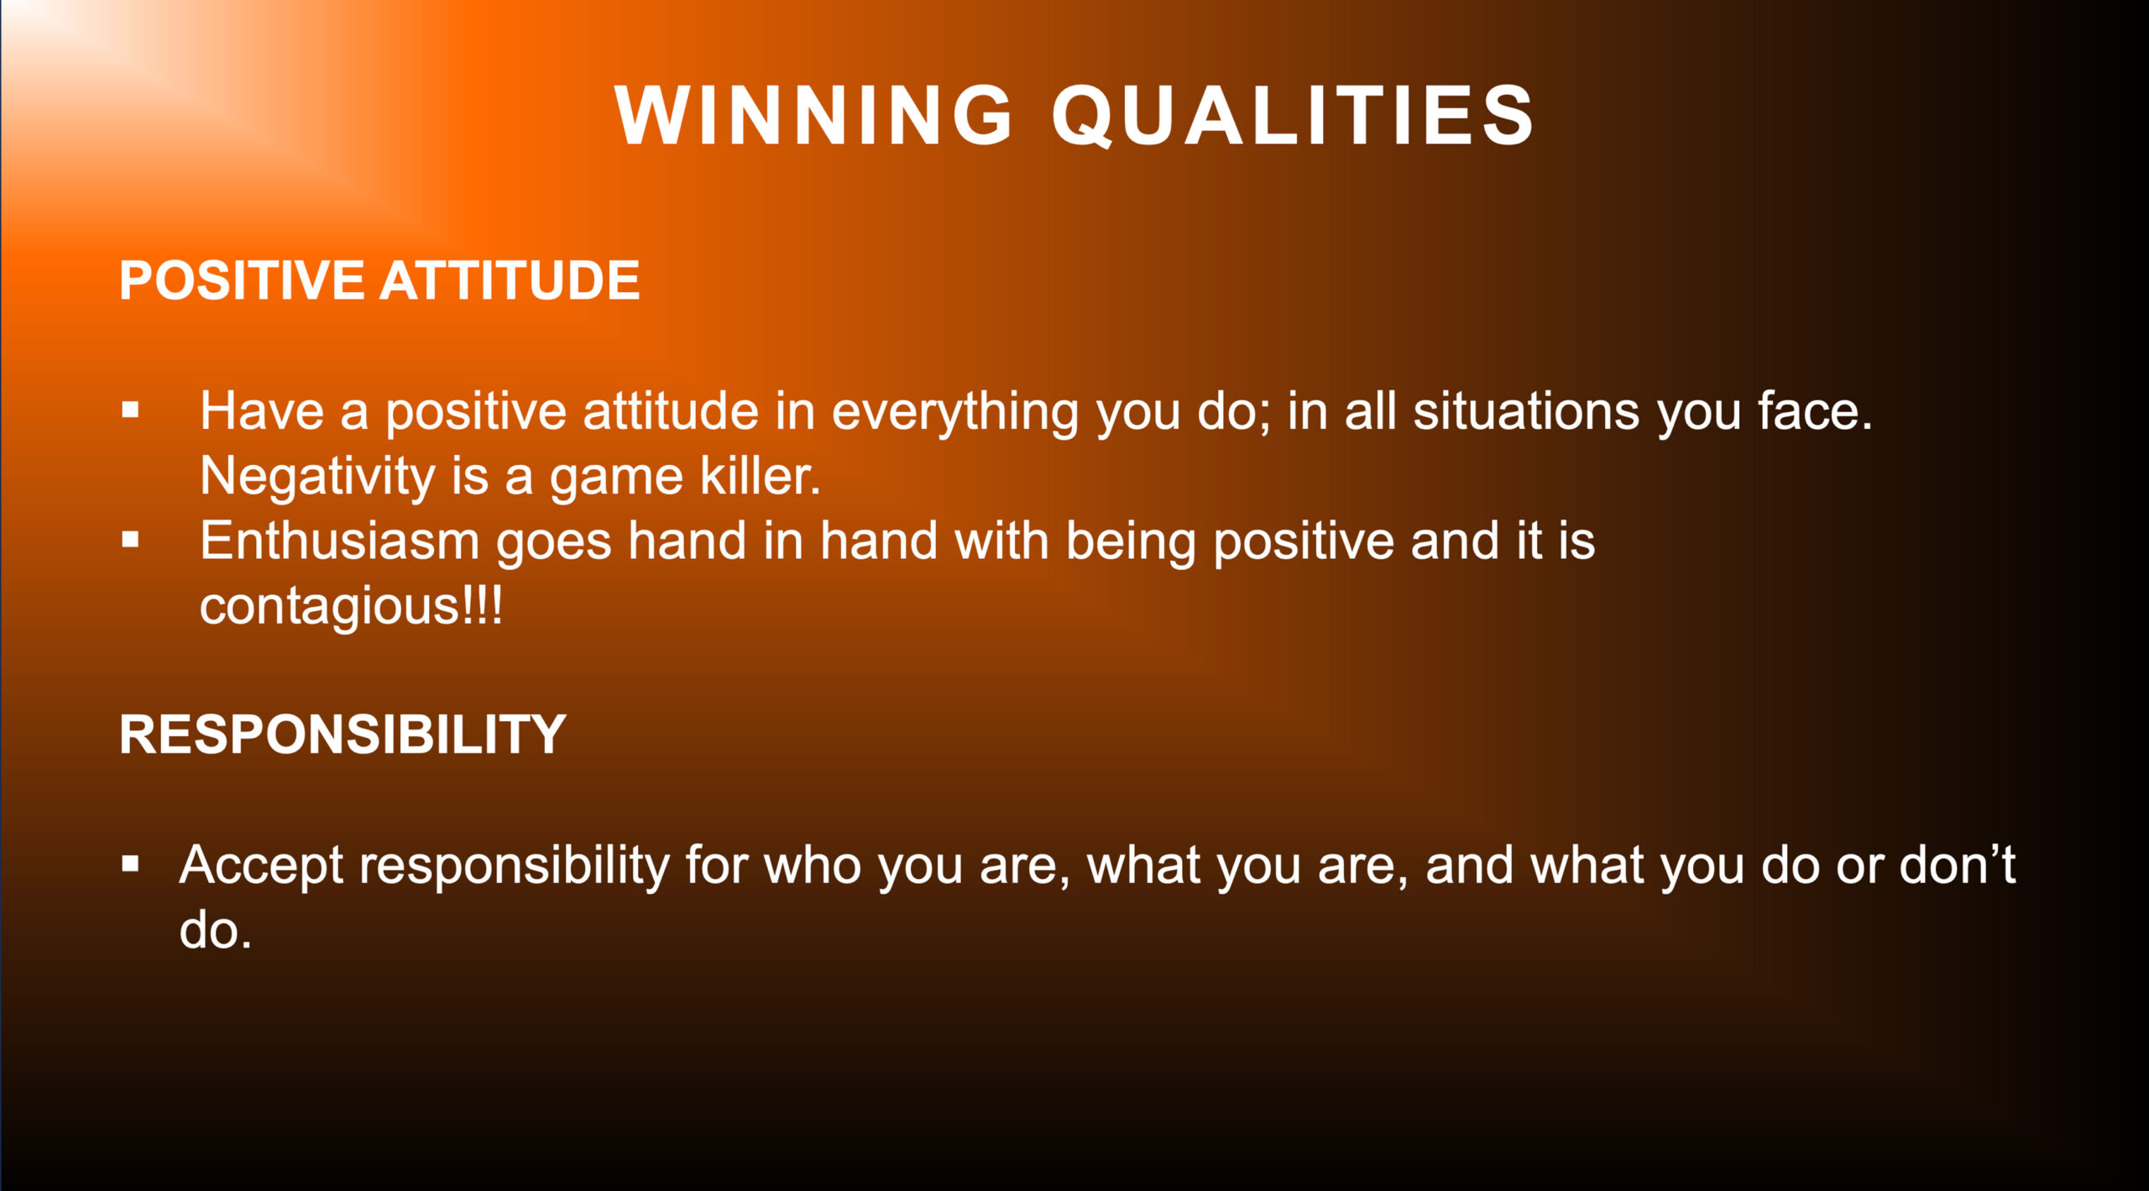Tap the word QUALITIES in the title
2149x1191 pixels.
point(1294,116)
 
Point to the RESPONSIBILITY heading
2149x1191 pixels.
point(342,734)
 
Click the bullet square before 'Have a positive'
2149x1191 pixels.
point(130,410)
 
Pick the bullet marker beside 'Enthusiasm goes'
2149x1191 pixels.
point(130,540)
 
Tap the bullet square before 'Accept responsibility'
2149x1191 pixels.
point(130,864)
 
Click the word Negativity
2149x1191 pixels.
point(317,477)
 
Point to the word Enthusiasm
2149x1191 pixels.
point(339,541)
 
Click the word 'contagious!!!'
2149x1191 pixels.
point(351,606)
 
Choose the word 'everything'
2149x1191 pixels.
point(954,413)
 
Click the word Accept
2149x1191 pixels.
point(261,866)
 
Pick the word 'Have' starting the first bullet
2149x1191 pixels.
point(262,411)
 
